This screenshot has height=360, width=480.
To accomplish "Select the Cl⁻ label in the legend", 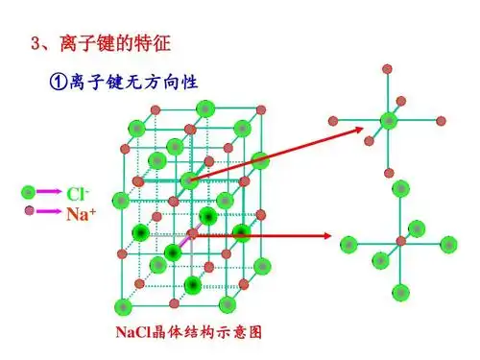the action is point(77,193).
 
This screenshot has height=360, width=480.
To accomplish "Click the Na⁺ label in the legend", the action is point(80,214).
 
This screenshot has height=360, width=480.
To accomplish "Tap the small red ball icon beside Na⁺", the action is point(30,210).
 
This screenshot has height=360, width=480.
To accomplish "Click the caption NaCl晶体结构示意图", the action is point(188,333).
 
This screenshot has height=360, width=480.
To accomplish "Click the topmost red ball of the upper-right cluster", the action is point(388,68).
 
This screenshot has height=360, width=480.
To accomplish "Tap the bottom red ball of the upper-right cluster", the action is point(388,173).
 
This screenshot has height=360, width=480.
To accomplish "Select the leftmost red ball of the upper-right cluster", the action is point(333,121).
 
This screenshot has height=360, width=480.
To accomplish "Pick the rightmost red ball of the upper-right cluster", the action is point(442,121).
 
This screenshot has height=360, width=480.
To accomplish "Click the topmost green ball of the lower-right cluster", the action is point(396,189).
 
